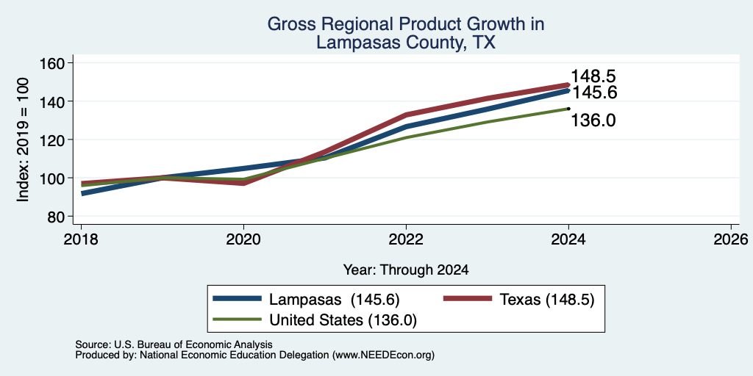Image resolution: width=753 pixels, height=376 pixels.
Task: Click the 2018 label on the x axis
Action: tap(81, 239)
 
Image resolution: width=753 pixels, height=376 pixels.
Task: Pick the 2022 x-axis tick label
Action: tap(406, 239)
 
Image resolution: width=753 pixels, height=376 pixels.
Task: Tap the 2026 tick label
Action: tap(731, 239)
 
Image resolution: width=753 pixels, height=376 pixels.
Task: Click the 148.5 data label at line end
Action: tap(593, 76)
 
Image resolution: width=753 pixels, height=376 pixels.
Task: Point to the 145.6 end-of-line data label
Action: tap(593, 92)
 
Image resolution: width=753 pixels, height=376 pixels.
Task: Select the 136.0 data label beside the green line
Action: tap(593, 120)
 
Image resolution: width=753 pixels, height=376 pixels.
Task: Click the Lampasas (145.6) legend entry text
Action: tap(335, 300)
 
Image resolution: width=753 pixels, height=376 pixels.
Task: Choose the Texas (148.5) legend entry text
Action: tap(547, 300)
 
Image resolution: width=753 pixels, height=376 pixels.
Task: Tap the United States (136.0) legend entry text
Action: tap(343, 320)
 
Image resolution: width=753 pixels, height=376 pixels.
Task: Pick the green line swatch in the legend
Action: tap(238, 319)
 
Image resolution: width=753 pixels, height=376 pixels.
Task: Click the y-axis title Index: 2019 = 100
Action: tap(23, 140)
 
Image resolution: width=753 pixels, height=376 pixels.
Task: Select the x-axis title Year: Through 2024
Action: tap(406, 270)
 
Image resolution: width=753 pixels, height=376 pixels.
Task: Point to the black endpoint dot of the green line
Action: tap(568, 109)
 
